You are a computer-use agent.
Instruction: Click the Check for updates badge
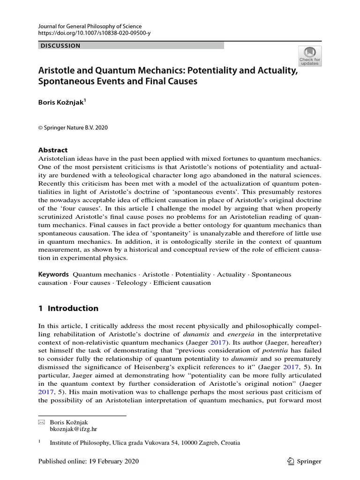tap(310, 56)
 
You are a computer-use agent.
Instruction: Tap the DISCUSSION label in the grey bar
tap(60, 46)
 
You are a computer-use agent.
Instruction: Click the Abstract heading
tap(52, 150)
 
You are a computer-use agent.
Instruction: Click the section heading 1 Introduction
tap(68, 308)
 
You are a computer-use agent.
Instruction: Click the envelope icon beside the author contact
tap(41, 422)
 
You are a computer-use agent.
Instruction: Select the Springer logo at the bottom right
tap(305, 462)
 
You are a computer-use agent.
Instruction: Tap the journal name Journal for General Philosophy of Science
tap(90, 26)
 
